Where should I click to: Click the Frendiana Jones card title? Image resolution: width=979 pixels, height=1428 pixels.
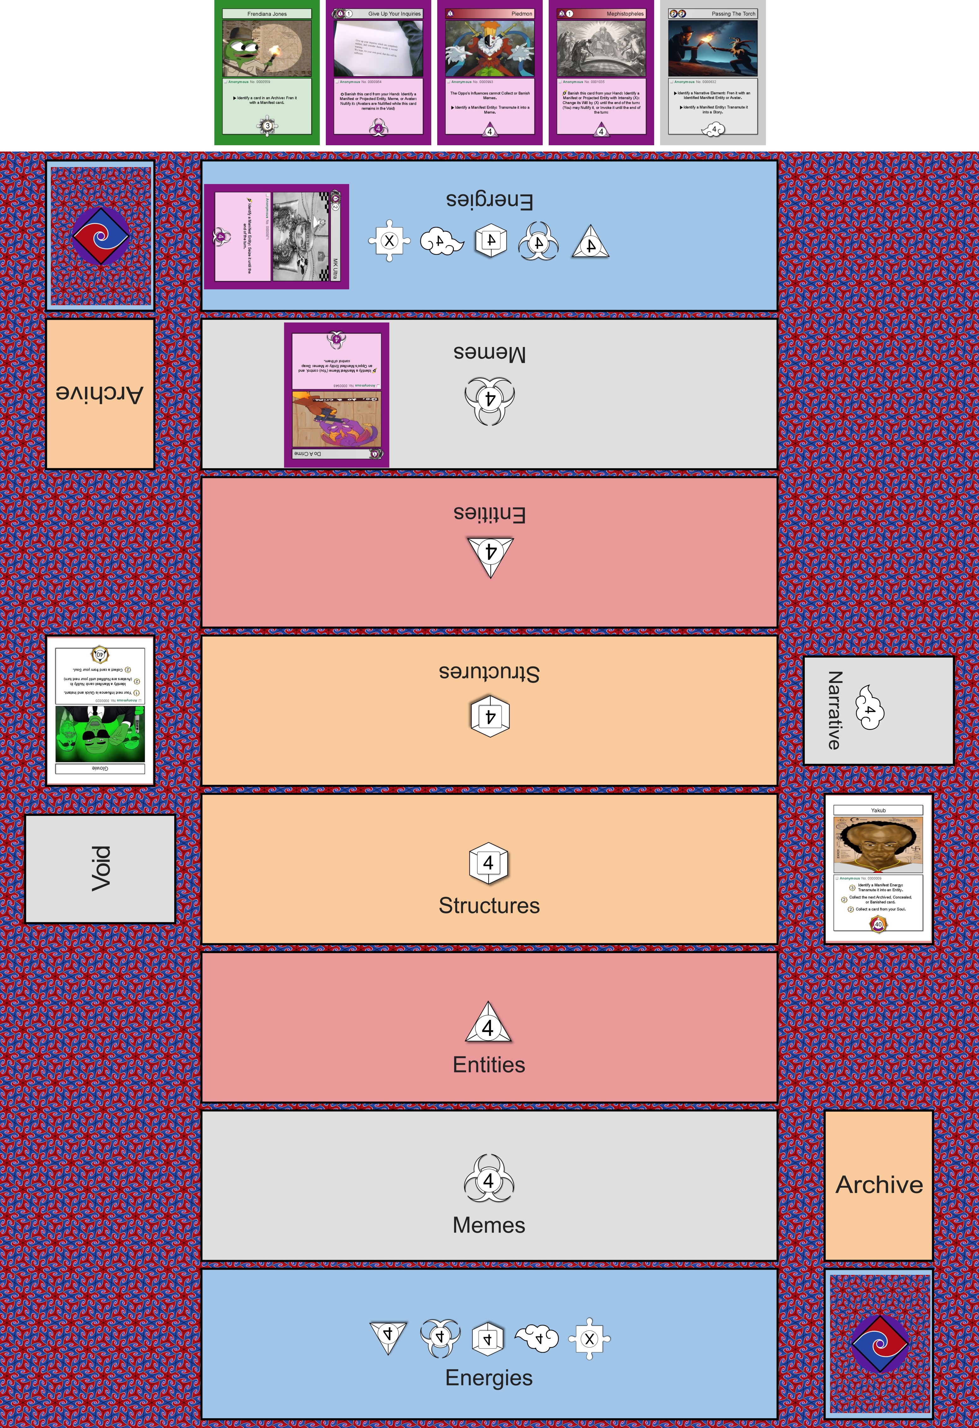point(267,14)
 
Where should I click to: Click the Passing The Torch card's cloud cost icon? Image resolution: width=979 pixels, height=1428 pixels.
point(713,129)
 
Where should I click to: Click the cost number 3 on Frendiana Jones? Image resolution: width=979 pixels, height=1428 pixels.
point(267,125)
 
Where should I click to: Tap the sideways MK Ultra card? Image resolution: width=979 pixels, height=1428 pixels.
point(277,236)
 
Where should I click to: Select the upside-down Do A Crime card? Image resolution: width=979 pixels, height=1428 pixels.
point(336,394)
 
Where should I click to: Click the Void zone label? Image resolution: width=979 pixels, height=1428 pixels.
point(100,868)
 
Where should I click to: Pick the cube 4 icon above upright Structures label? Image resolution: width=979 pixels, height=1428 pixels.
point(489,863)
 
